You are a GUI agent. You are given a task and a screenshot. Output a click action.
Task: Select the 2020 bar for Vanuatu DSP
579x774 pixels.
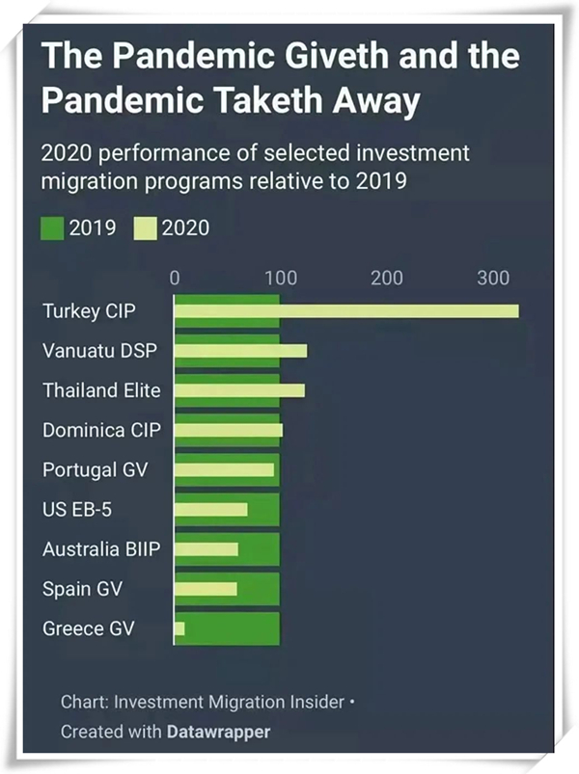pyautogui.click(x=241, y=351)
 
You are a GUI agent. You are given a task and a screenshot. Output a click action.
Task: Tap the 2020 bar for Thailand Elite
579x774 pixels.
pyautogui.click(x=239, y=390)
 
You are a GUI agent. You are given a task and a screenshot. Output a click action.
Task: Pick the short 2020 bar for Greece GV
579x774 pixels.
pyautogui.click(x=179, y=628)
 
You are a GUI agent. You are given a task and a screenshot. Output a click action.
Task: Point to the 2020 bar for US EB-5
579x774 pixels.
pyautogui.click(x=210, y=509)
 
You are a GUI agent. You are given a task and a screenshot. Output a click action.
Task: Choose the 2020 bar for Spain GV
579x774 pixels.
pyautogui.click(x=206, y=589)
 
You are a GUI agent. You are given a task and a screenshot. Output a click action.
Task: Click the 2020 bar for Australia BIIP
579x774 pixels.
pyautogui.click(x=207, y=549)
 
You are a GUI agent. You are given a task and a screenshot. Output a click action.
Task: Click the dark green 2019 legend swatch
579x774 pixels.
pyautogui.click(x=52, y=228)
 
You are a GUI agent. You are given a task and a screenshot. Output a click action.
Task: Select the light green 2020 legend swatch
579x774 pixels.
pyautogui.click(x=144, y=228)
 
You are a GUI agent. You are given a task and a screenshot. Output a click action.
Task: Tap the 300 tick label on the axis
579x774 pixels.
pyautogui.click(x=493, y=279)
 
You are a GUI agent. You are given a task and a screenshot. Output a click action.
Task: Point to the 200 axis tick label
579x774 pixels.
pyautogui.click(x=387, y=279)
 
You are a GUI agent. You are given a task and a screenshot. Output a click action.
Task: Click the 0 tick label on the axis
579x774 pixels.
pyautogui.click(x=175, y=279)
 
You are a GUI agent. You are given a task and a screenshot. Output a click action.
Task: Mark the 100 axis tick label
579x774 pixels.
pyautogui.click(x=281, y=279)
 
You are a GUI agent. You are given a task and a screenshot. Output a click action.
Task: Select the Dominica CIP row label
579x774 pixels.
pyautogui.click(x=96, y=431)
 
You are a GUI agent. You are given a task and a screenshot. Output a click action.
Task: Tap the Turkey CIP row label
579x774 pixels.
pyautogui.click(x=90, y=311)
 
